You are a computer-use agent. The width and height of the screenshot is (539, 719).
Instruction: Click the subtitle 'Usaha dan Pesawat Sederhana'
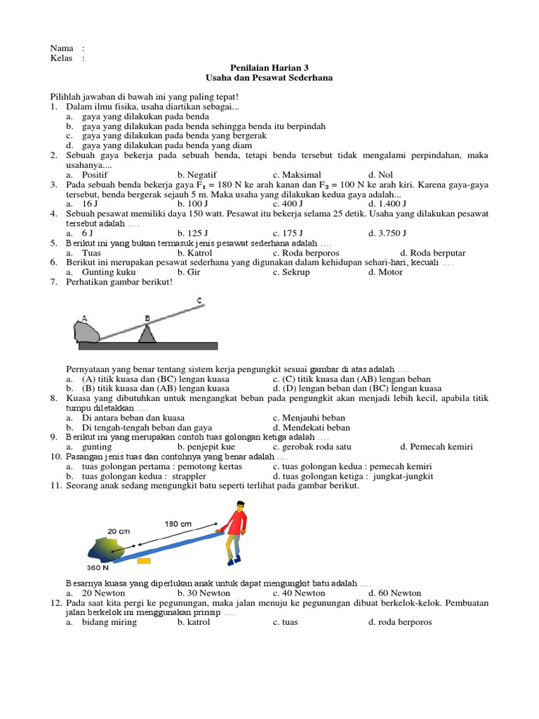[x=269, y=78]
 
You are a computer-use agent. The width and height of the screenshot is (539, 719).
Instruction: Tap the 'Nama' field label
[x=61, y=48]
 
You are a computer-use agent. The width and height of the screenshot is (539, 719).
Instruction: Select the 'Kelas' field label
[x=62, y=58]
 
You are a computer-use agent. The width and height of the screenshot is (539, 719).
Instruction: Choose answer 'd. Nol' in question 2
[x=381, y=174]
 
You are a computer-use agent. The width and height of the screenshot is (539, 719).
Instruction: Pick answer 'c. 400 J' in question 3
[x=288, y=204]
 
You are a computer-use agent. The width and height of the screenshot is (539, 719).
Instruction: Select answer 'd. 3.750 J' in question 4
[x=387, y=233]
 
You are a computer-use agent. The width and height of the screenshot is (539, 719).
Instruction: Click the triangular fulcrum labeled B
[x=147, y=333]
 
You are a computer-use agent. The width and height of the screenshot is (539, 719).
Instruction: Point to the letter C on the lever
[x=199, y=301]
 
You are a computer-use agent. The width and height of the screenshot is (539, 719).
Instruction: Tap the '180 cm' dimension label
[x=178, y=524]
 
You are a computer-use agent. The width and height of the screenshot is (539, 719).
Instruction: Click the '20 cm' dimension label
[x=119, y=532]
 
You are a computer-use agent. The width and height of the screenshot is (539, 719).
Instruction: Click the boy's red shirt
[x=239, y=523]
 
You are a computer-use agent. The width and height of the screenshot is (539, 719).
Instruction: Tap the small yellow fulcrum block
[x=144, y=560]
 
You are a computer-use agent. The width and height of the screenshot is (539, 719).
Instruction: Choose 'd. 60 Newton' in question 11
[x=394, y=593]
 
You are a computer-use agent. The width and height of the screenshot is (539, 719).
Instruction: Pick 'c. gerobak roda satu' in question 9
[x=314, y=447]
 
